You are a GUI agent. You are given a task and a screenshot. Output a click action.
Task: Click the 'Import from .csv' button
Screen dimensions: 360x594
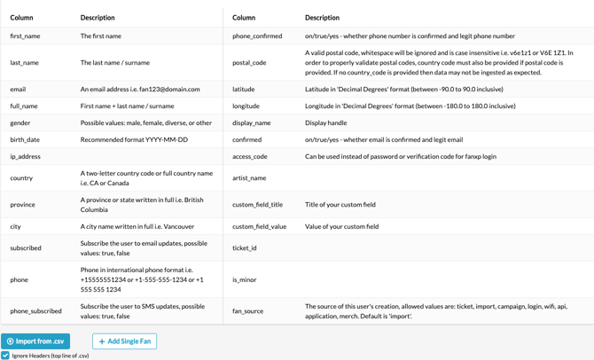35,341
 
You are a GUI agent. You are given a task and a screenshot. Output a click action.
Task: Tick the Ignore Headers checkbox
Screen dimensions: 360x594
5,356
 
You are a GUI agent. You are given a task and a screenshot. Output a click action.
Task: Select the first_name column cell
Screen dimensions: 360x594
25,36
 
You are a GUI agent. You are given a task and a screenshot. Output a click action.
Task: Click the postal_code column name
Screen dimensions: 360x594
249,63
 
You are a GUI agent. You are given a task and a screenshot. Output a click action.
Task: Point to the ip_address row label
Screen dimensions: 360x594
26,156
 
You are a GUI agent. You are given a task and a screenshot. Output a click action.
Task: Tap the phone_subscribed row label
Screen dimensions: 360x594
35,311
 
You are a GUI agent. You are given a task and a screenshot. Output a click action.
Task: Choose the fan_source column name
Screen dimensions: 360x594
247,311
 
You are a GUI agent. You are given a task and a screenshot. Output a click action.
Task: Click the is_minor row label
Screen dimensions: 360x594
244,279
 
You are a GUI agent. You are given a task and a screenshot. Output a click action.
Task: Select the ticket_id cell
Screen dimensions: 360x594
244,248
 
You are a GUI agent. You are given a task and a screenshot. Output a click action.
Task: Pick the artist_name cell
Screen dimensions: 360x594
249,178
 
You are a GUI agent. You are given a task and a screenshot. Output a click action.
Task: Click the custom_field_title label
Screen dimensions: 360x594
257,205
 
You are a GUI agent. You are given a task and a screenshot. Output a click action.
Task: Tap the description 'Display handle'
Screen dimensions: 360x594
325,123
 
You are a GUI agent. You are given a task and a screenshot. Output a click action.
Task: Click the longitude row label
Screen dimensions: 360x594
246,106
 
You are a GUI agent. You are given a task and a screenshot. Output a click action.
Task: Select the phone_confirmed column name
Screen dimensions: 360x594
257,36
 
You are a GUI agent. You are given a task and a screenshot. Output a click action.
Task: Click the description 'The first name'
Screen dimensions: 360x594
101,36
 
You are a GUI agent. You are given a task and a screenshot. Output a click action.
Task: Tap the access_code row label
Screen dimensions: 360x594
249,156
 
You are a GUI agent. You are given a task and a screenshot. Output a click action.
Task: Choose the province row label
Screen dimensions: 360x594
23,205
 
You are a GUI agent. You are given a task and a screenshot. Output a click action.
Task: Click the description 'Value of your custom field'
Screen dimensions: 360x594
341,227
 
